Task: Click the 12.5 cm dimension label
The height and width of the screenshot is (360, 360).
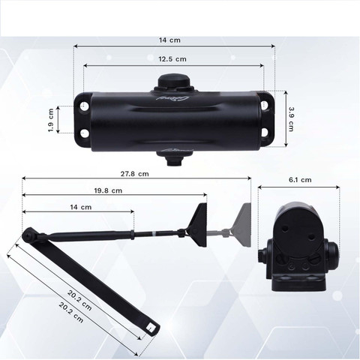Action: (x=172, y=59)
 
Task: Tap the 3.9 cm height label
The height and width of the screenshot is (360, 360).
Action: (x=291, y=119)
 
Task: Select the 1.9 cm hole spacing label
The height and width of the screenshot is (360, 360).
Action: (x=51, y=120)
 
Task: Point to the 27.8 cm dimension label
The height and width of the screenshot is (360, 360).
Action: (x=135, y=174)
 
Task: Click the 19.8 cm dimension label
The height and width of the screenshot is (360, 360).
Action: (x=108, y=190)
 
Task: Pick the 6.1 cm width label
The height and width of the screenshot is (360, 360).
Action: (x=300, y=180)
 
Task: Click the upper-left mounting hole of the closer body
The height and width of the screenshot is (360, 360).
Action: (x=85, y=105)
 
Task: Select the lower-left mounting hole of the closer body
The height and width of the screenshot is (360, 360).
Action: (x=85, y=133)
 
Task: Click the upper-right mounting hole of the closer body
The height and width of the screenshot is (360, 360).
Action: (x=265, y=105)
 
